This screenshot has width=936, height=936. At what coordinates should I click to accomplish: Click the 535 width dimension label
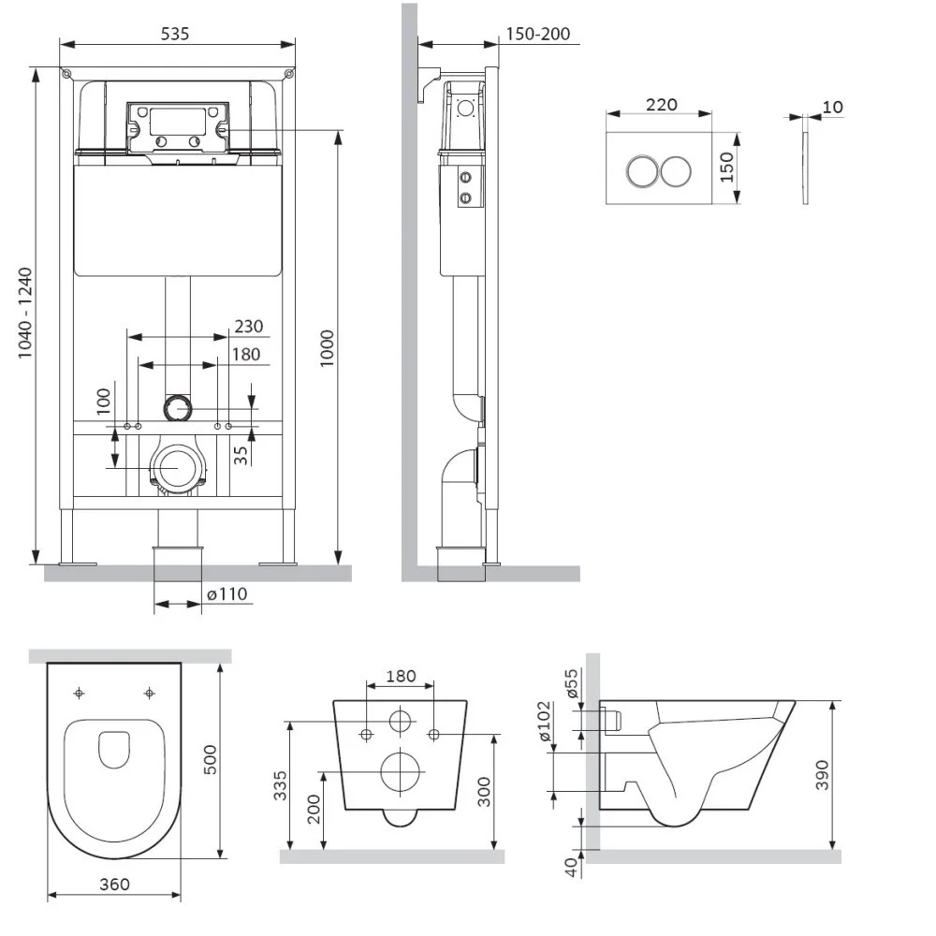[175, 34]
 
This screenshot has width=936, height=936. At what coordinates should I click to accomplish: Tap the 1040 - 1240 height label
[25, 314]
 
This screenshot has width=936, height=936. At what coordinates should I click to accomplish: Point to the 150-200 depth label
[537, 35]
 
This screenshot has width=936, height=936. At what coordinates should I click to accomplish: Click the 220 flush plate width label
[662, 105]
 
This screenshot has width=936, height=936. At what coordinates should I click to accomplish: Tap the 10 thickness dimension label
[832, 107]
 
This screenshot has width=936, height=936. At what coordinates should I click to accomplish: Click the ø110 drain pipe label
[227, 593]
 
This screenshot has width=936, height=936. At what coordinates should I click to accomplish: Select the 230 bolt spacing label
[249, 327]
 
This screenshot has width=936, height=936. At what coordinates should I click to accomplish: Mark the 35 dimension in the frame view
[241, 455]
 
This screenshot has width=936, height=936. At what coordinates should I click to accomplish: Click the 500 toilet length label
[210, 759]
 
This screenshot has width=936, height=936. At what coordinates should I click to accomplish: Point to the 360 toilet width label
[114, 884]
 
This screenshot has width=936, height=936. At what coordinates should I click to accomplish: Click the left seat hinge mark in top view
[79, 693]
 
